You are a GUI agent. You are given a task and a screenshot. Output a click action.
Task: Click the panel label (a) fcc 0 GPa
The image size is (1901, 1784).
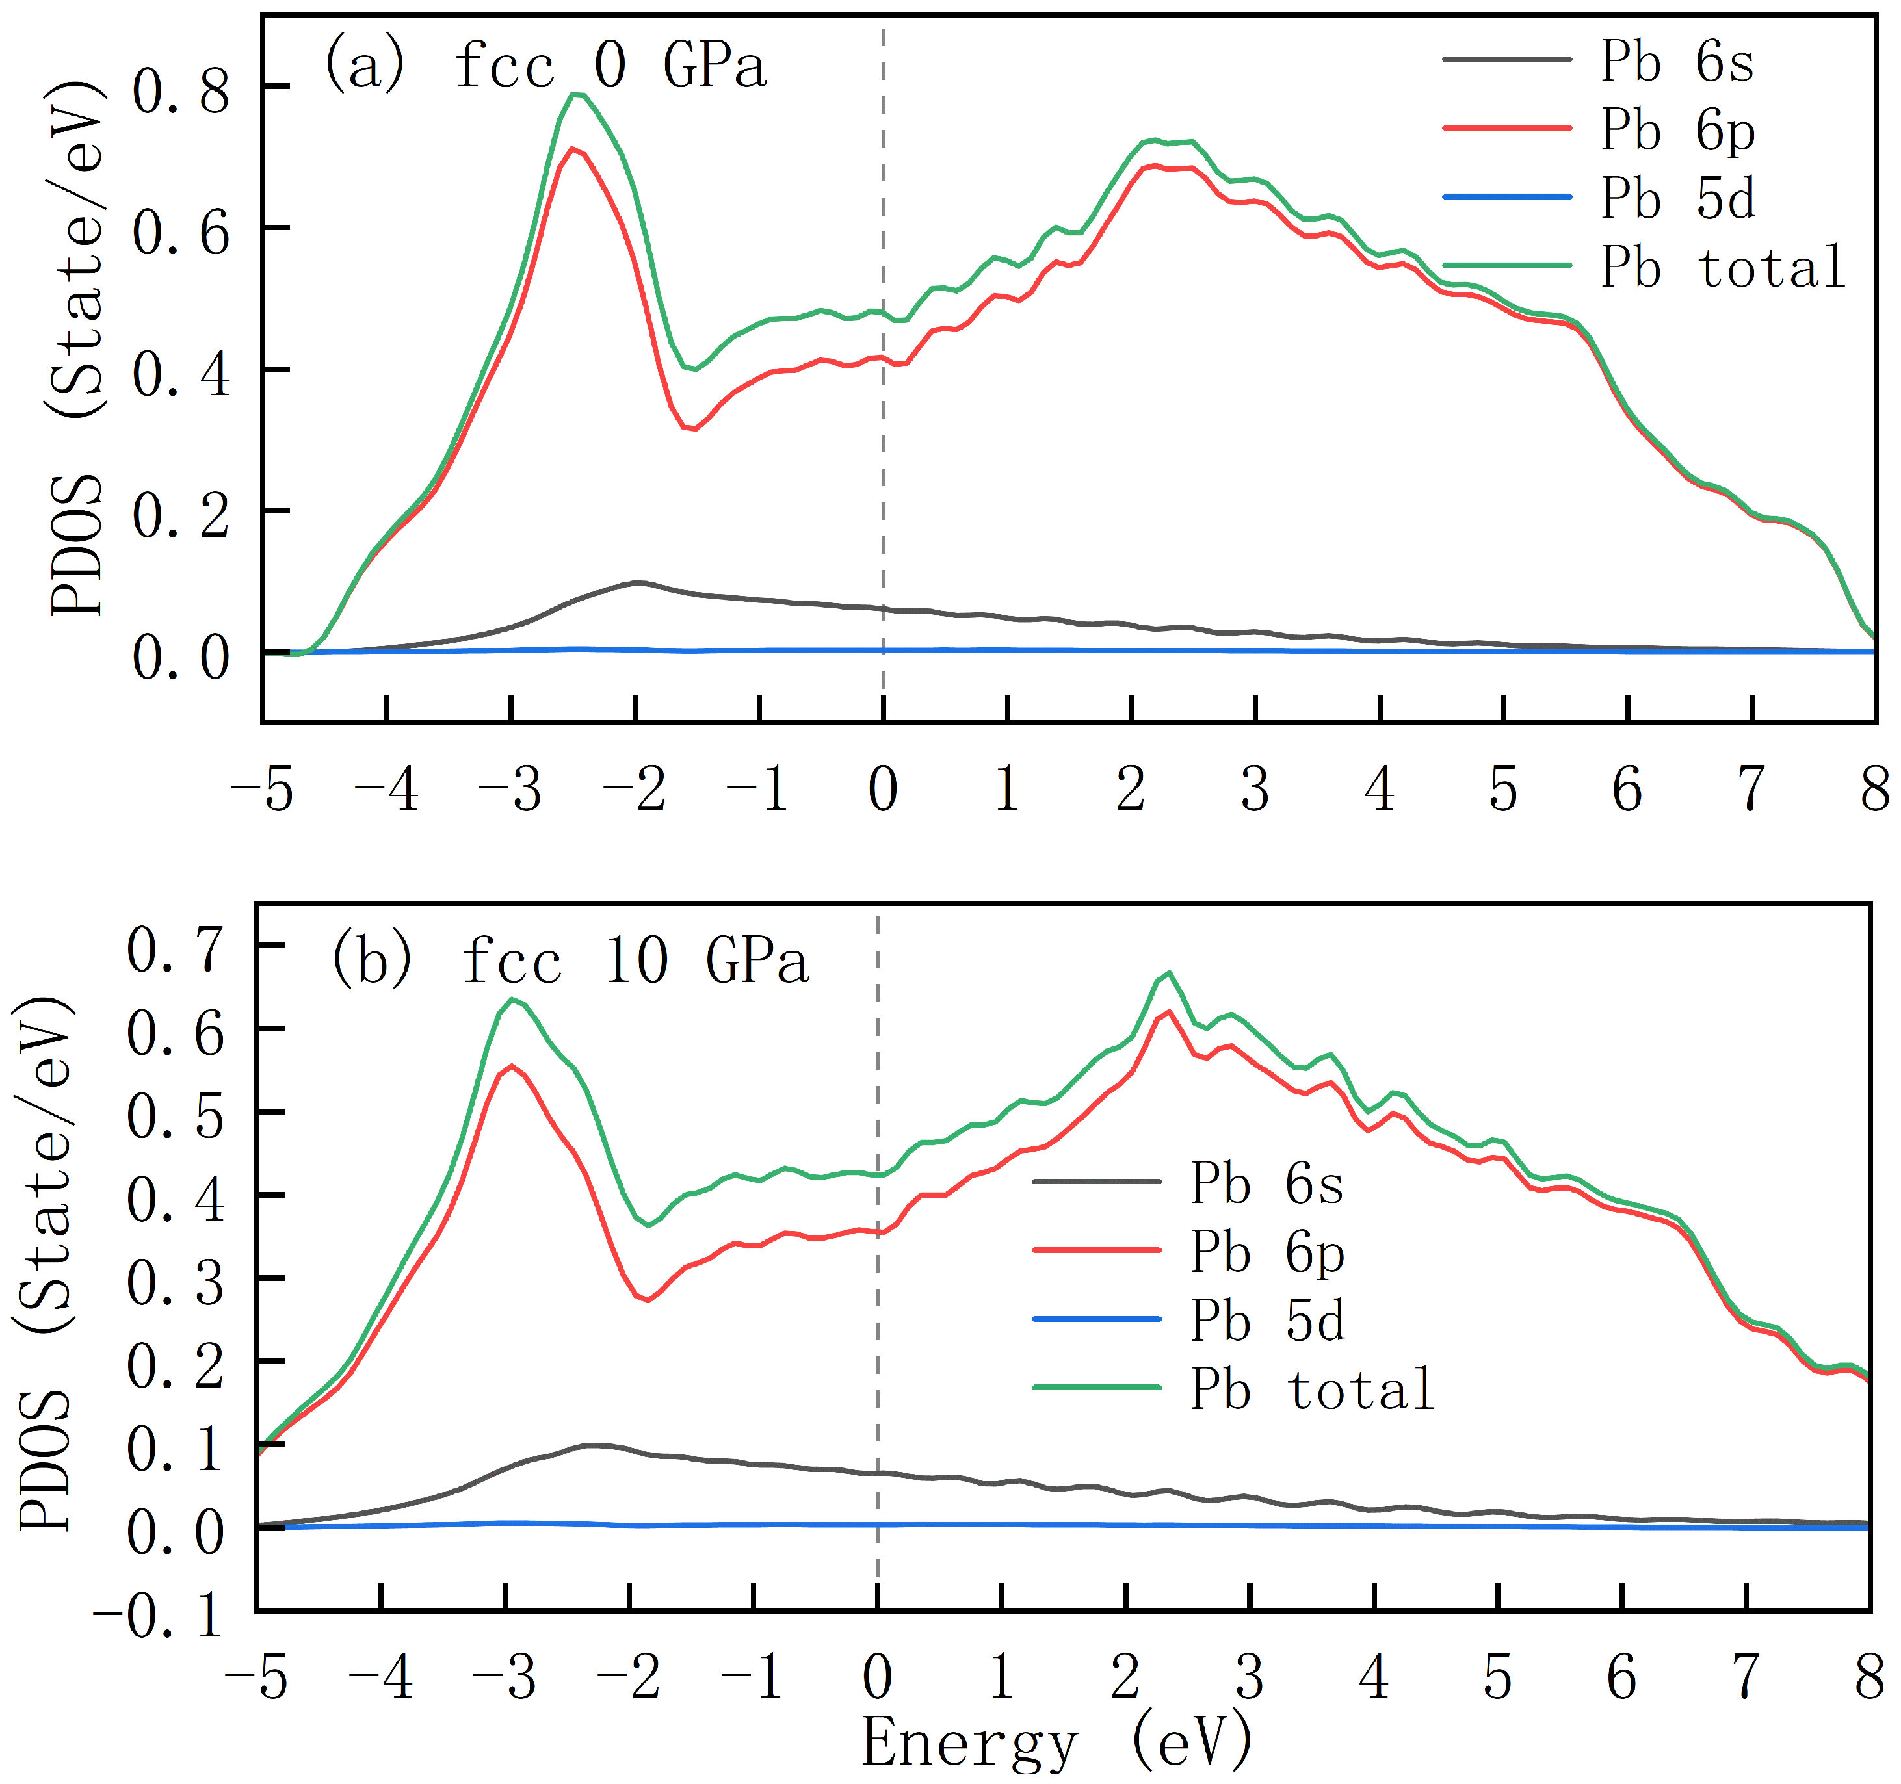tap(545, 67)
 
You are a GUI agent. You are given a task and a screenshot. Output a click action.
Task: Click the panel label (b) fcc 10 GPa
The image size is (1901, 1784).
tap(570, 961)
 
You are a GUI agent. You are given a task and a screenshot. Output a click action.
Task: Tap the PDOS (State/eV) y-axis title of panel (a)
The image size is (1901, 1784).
tap(77, 349)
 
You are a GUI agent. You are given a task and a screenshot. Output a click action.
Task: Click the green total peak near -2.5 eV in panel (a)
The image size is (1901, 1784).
tap(575, 94)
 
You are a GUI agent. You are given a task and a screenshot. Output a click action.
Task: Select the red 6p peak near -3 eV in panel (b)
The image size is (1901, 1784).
tap(512, 1066)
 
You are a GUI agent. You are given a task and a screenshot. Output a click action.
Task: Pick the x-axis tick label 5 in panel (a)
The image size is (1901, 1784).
tap(1503, 790)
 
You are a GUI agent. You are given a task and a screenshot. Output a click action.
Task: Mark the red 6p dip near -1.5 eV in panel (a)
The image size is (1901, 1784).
tap(692, 428)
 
